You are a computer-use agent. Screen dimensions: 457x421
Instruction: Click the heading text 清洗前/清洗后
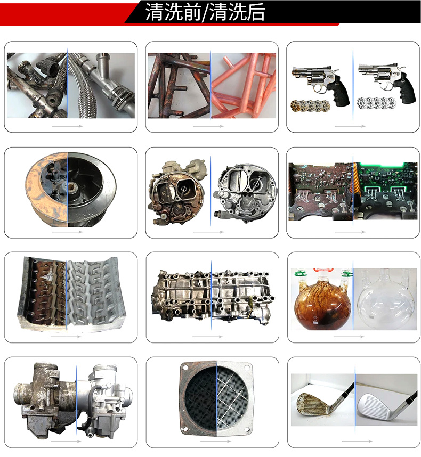[x=205, y=12]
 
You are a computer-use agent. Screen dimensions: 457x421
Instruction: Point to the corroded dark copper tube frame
[x=179, y=85]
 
